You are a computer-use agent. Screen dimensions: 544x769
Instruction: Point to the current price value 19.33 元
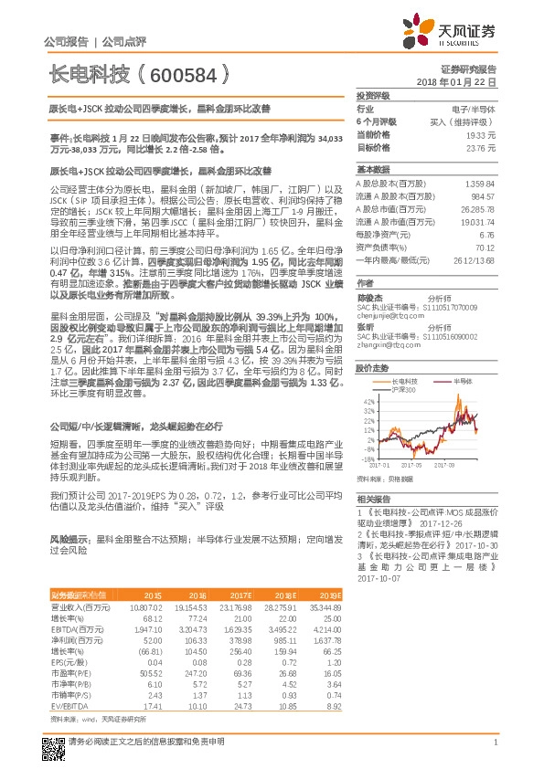481,133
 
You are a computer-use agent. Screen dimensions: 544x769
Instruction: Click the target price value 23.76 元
481,146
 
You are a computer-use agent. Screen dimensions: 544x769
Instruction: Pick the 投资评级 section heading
373,95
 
